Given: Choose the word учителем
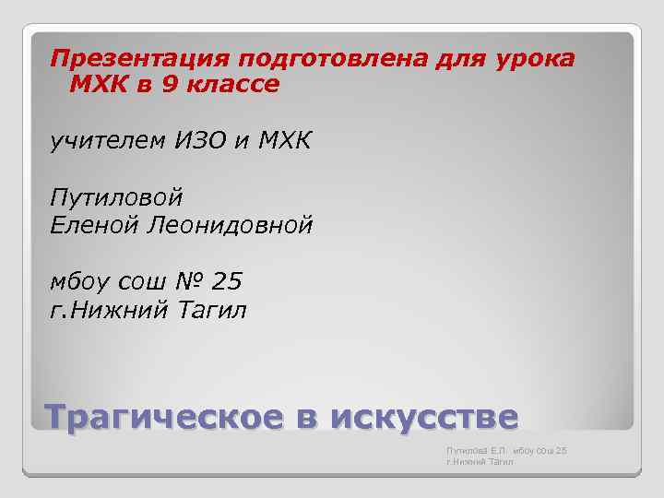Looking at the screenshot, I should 105,142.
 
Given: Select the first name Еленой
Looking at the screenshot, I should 93,225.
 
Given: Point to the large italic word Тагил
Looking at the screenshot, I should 212,309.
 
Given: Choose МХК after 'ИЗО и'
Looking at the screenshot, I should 283,142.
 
